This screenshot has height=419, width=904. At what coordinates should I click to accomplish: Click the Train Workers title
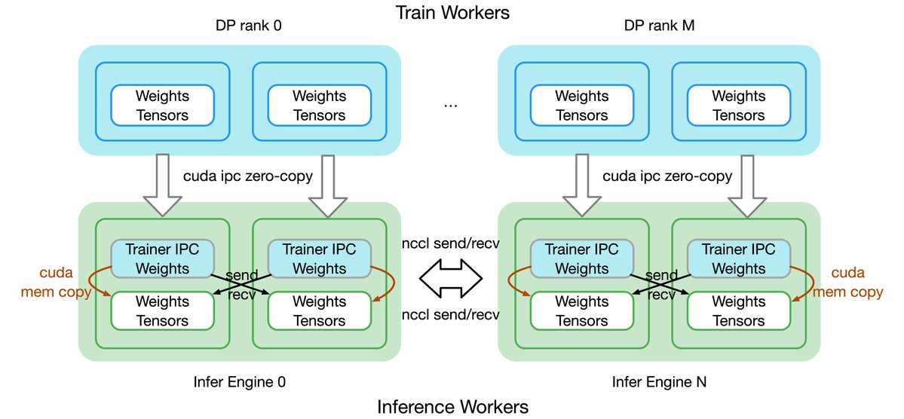452,13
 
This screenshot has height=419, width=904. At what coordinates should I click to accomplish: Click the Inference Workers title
452,407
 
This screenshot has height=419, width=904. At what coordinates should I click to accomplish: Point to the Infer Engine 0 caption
239,382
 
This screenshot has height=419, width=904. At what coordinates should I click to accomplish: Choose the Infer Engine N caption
659,382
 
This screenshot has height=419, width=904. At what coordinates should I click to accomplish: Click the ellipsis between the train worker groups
451,105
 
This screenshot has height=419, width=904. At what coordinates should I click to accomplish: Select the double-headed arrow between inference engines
451,278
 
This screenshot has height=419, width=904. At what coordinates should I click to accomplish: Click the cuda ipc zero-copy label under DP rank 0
247,176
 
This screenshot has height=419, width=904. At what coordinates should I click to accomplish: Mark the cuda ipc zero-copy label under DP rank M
667,176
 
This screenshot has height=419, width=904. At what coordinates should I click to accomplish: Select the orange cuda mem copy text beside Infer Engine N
850,282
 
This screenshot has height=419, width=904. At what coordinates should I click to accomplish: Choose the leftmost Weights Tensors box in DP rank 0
162,106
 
